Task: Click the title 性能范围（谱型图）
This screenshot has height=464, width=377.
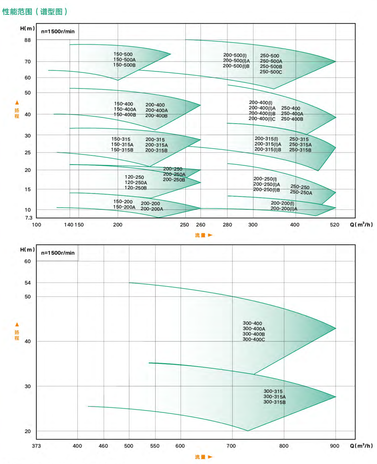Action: pos(35,12)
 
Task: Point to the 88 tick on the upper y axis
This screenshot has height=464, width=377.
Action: pos(28,40)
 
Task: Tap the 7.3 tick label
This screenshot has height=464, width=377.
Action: pos(29,218)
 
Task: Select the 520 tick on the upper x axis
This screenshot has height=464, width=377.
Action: pos(334,225)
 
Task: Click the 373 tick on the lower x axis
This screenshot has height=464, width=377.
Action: pos(36,446)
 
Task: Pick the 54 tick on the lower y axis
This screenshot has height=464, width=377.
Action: pos(28,283)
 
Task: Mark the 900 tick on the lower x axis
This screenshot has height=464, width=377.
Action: pos(334,446)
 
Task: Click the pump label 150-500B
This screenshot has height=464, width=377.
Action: pos(124,65)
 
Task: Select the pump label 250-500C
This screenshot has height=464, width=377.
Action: pos(271,72)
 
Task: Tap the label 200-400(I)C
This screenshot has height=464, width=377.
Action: pos(262,119)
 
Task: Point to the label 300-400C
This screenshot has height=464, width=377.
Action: pos(254,339)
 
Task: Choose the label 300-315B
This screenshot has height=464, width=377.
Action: pos(274,402)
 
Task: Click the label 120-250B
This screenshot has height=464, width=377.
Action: pos(136,188)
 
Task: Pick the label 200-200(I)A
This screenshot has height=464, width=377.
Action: pos(284,209)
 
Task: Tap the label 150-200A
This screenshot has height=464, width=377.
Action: pos(124,207)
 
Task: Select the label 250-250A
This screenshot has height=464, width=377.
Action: pos(301,193)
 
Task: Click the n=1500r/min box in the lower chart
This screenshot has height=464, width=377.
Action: pos(58,253)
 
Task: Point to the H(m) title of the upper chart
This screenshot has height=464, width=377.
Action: pos(28,28)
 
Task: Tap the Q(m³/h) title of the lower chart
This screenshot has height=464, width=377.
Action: pos(361,446)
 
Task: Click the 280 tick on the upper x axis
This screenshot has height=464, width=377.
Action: pos(227,225)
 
